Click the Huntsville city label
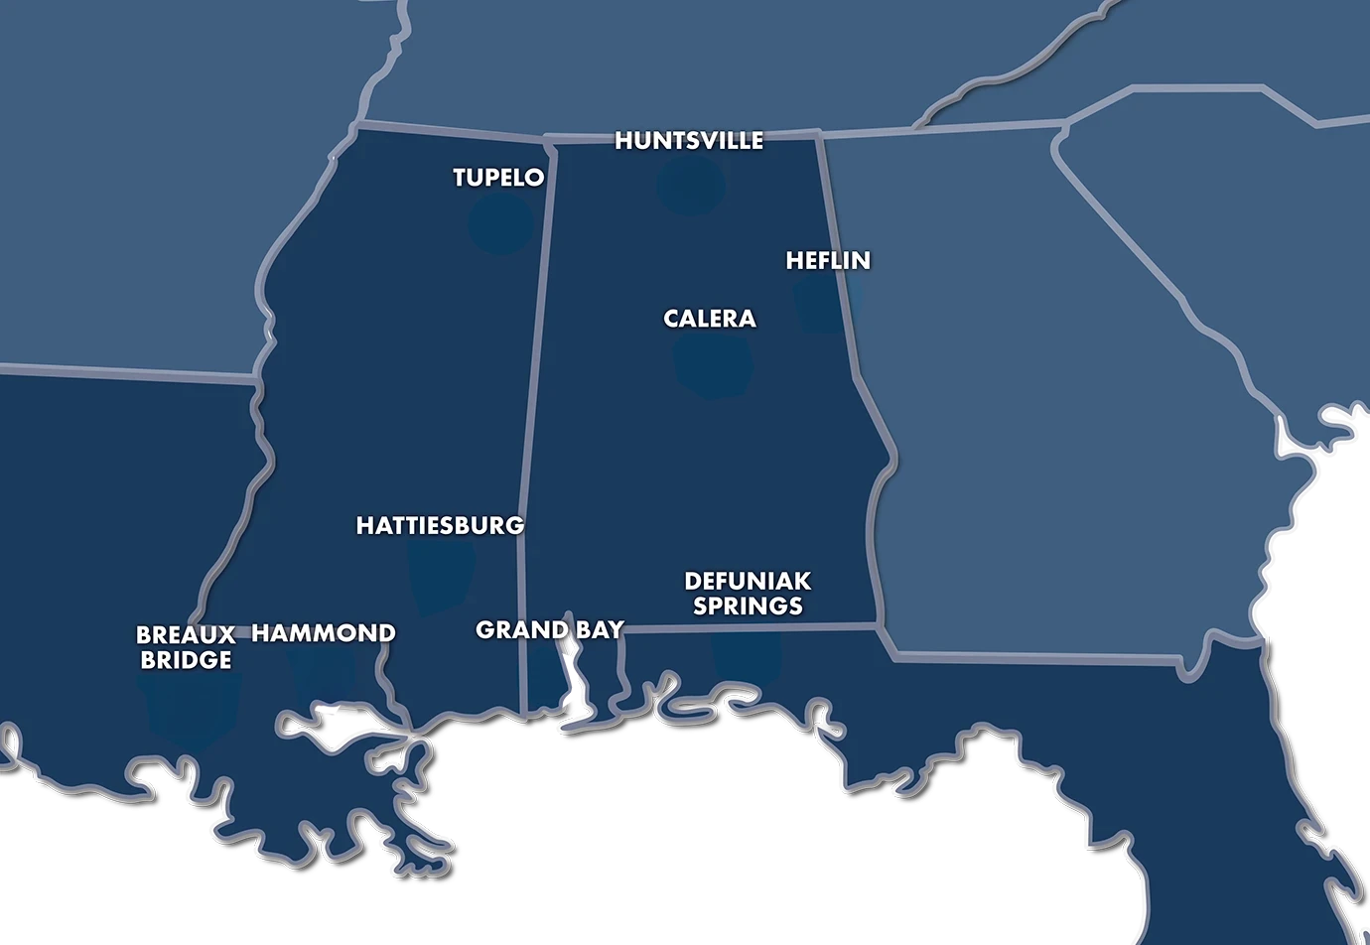(689, 141)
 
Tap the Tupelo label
(498, 178)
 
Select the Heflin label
(828, 261)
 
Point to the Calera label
(710, 319)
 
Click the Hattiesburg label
(440, 525)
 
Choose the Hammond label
(324, 633)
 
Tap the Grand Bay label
(549, 629)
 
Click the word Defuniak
(748, 581)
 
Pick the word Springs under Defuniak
(748, 606)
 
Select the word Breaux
(186, 634)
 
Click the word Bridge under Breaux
(186, 660)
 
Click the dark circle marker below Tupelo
(501, 223)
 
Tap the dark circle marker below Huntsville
(691, 185)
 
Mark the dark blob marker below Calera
(714, 364)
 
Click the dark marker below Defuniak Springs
(747, 655)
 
